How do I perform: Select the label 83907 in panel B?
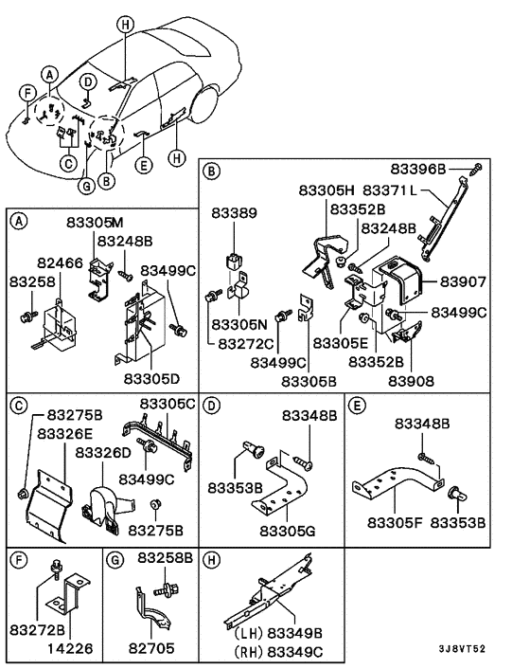(463, 281)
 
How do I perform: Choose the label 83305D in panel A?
(150, 377)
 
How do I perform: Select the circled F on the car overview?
(27, 92)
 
